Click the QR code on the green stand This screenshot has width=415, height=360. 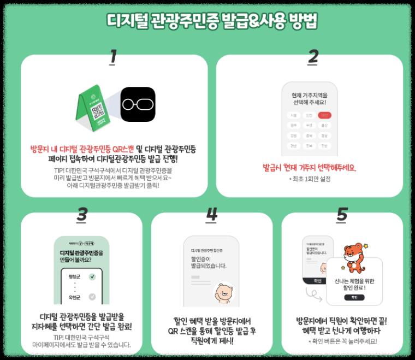point(97,111)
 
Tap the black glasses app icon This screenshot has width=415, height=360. point(138,104)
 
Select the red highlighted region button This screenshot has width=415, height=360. point(325,115)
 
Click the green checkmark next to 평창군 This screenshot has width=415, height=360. point(92,277)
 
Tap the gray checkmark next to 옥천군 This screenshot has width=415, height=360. point(92,297)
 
